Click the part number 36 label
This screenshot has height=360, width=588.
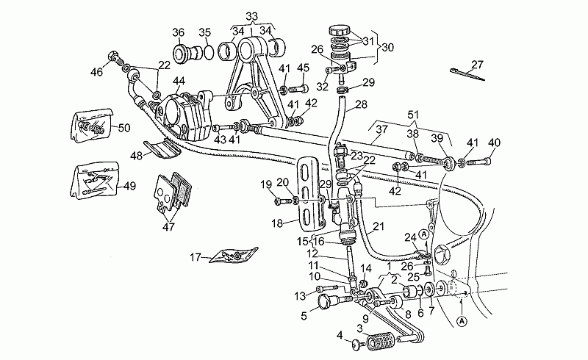[x=178, y=32]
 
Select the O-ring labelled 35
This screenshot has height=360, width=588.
[x=209, y=52]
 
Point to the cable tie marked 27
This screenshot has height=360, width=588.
[x=467, y=75]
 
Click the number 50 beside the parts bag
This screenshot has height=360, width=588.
[x=124, y=128]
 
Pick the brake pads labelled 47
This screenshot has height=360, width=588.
[x=173, y=193]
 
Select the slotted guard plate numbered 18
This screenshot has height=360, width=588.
[x=311, y=195]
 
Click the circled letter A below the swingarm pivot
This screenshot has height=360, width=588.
[x=462, y=321]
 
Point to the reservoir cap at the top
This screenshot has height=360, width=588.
[x=340, y=30]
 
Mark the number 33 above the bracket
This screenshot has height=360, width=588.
[x=251, y=16]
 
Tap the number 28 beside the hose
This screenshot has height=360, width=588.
[x=361, y=104]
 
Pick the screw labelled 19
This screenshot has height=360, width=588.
[x=282, y=202]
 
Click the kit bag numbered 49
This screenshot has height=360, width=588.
[x=95, y=181]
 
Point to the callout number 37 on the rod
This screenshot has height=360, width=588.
[x=381, y=129]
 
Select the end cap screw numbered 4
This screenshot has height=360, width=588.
[x=358, y=344]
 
